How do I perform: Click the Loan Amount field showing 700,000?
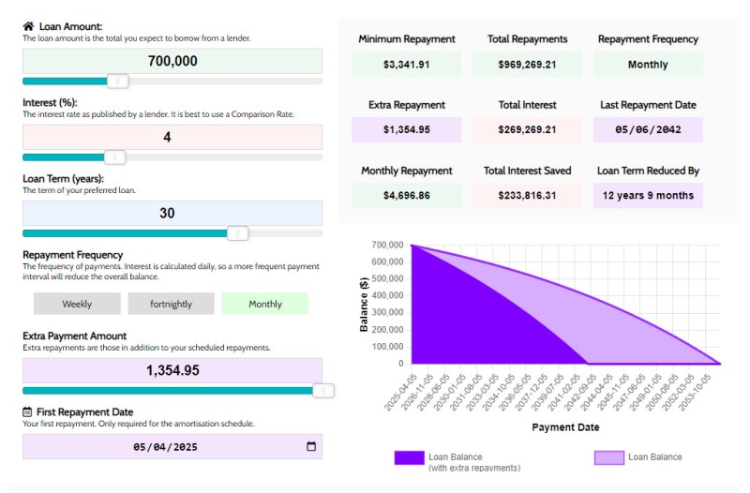[x=172, y=61]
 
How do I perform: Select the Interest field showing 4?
[x=172, y=137]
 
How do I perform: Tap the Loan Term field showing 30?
[x=172, y=213]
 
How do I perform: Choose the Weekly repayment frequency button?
[x=77, y=304]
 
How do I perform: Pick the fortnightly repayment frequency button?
[x=171, y=304]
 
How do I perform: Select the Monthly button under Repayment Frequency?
[x=265, y=304]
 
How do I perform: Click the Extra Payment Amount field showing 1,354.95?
[x=172, y=370]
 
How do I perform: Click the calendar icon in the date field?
[x=311, y=447]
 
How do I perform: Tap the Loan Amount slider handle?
[x=117, y=82]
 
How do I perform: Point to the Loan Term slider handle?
[x=238, y=233]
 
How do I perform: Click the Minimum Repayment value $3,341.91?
[x=407, y=65]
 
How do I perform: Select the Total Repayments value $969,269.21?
[x=527, y=65]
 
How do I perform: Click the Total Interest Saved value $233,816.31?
[x=527, y=196]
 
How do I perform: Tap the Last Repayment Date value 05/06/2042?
[x=648, y=130]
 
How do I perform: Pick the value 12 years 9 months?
[x=648, y=196]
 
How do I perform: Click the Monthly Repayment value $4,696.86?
[x=407, y=196]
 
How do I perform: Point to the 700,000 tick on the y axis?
[x=387, y=246]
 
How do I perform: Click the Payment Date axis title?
[x=565, y=427]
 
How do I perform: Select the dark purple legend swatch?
[x=409, y=457]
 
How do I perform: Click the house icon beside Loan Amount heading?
[x=28, y=26]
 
